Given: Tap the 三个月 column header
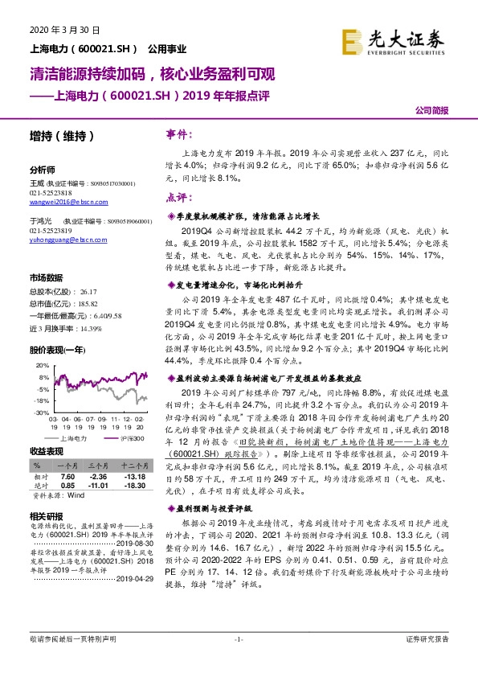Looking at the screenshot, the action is point(97,464).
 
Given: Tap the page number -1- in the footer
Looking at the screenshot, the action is point(238,639).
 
